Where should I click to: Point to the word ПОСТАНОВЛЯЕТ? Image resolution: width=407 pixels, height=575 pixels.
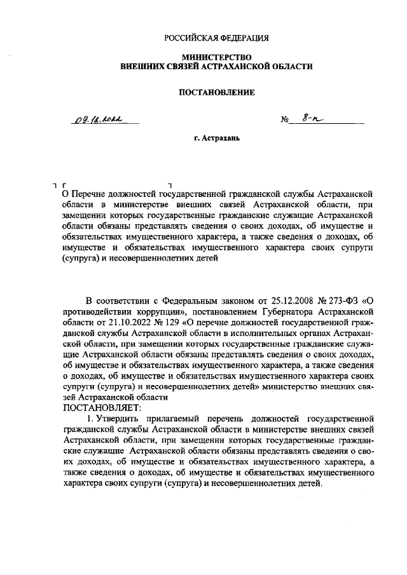[106, 408]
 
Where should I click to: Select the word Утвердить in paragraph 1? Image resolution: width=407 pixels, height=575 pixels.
[120, 419]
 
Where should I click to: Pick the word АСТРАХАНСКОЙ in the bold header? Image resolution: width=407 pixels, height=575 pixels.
[247, 67]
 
